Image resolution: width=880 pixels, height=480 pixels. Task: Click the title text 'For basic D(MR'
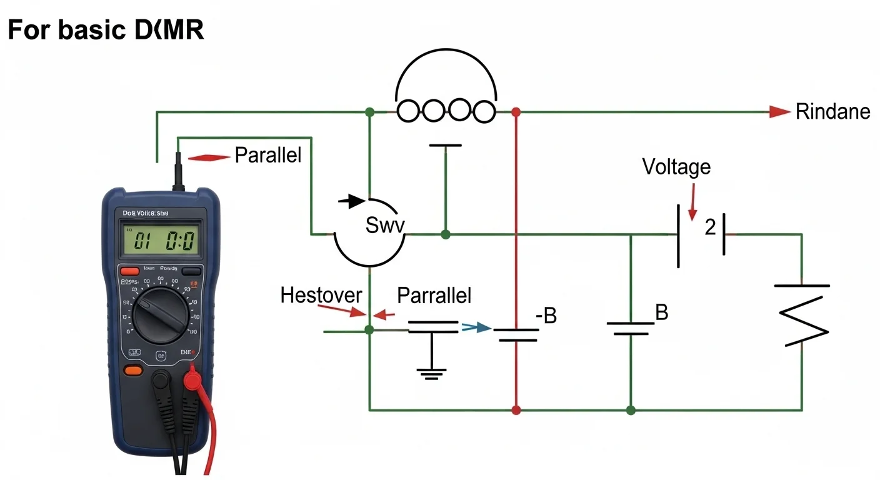tap(106, 30)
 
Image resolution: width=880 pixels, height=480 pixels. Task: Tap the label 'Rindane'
tap(832, 112)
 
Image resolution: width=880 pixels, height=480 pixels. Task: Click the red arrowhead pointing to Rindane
tap(779, 112)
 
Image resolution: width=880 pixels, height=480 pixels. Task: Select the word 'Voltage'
tap(676, 167)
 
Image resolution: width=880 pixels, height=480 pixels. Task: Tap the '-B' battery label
tap(546, 316)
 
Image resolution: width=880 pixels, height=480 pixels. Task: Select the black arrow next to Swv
tap(354, 201)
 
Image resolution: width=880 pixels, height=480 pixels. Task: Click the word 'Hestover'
tap(321, 295)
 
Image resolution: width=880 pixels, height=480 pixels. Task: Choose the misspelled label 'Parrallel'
tap(434, 295)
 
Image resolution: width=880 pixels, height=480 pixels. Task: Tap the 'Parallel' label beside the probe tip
tap(267, 155)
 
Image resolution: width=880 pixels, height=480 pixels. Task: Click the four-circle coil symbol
tap(446, 112)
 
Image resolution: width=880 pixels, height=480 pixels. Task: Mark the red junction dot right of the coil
tap(516, 112)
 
